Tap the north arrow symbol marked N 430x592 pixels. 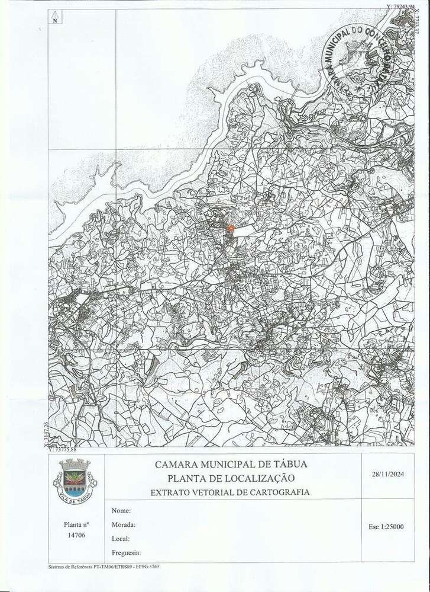coord(54,16)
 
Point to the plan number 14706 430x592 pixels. coord(77,535)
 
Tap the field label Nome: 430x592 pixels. coord(120,510)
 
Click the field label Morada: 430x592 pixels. coord(123,524)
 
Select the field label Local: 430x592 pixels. coord(121,539)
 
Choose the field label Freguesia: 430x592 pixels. coord(126,552)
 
